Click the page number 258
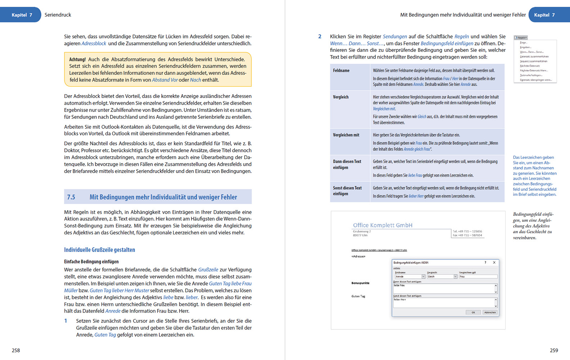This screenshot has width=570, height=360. click(16, 350)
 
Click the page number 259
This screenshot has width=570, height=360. click(554, 350)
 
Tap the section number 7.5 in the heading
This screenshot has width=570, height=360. click(71, 197)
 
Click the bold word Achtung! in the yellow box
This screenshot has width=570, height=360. click(77, 59)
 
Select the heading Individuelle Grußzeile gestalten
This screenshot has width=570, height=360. click(99, 250)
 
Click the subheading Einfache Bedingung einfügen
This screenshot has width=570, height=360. click(91, 262)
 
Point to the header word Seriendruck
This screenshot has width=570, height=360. click(58, 15)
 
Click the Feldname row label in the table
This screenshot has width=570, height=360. click(341, 71)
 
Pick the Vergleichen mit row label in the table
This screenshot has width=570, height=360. click(346, 135)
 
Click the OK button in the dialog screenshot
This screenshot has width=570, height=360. click(473, 312)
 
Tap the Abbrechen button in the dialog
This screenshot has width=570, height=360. click(490, 312)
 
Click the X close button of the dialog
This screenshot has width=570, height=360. click(494, 262)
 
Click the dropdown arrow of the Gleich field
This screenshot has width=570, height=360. click(455, 276)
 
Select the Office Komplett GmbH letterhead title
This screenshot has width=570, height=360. click(383, 225)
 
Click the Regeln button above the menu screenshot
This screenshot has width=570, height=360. click(521, 37)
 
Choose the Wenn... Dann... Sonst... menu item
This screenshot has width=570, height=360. click(531, 52)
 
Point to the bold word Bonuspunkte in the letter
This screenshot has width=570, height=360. click(360, 283)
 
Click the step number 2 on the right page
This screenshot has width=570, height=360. click(320, 36)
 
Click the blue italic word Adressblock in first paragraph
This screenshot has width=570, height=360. click(94, 44)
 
